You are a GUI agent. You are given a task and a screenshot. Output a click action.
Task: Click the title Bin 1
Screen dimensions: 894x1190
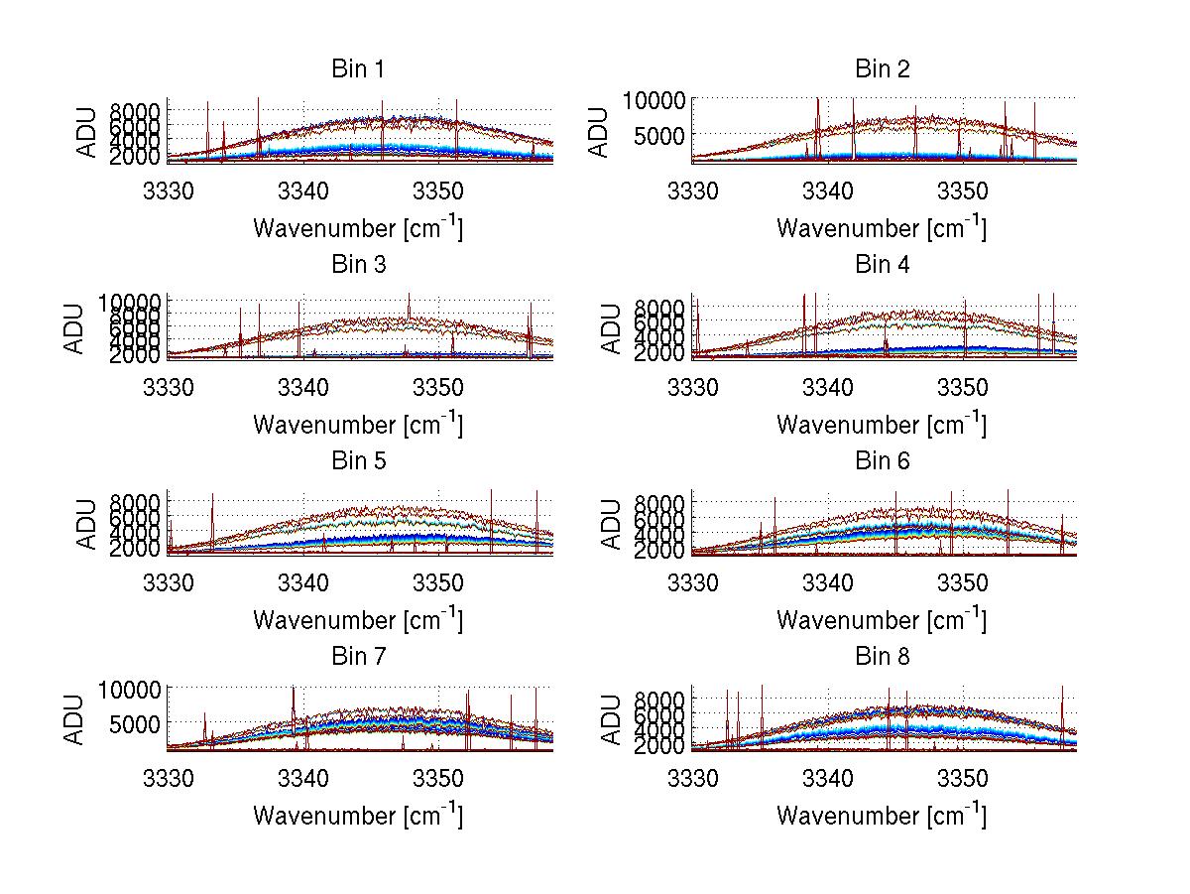(x=358, y=69)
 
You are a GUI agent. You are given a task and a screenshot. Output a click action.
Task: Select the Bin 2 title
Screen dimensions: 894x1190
(x=882, y=69)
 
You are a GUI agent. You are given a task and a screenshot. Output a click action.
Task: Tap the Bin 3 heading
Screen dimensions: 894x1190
(x=358, y=265)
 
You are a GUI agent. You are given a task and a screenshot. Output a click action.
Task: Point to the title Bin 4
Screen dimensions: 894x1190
(x=882, y=265)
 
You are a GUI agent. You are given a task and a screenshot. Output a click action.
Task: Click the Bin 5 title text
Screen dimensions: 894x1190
(x=358, y=461)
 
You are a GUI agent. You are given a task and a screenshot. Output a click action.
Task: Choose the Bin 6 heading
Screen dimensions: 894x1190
(x=882, y=461)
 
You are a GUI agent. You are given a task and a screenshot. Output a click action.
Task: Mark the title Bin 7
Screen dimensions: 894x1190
(x=358, y=657)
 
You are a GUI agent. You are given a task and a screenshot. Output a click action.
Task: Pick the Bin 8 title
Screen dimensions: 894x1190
(x=882, y=657)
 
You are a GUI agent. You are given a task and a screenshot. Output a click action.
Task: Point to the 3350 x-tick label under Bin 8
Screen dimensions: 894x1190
(x=962, y=778)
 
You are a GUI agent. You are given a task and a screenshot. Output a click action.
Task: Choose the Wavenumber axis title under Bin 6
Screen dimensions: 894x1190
(x=882, y=620)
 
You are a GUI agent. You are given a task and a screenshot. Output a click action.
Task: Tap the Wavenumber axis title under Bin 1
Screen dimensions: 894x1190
(x=358, y=228)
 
